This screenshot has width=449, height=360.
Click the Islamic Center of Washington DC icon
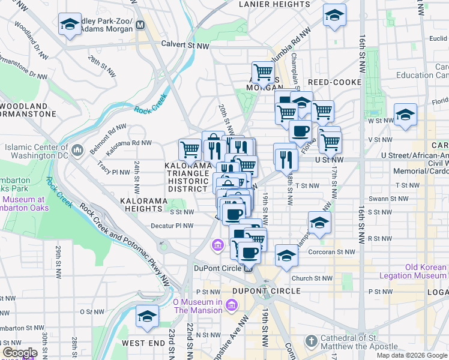(x=77, y=149)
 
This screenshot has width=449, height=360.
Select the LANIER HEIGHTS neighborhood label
(x=265, y=4)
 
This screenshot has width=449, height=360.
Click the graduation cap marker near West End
(x=147, y=316)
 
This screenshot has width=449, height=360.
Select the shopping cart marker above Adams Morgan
(x=262, y=73)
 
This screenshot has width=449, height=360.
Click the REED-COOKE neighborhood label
(x=334, y=82)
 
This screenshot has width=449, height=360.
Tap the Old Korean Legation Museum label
(x=413, y=271)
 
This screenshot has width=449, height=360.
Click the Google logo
(x=19, y=353)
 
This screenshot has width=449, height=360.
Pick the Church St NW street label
(x=312, y=278)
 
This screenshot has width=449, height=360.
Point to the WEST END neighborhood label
(x=143, y=343)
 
